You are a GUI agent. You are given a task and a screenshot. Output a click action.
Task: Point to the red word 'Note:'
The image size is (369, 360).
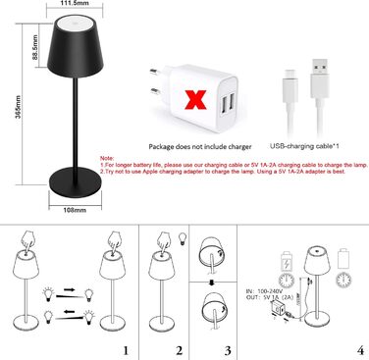click(107, 157)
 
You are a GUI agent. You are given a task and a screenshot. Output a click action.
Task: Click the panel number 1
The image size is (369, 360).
click(124, 350)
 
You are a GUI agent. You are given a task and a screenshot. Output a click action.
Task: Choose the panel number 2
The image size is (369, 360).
click(179, 350)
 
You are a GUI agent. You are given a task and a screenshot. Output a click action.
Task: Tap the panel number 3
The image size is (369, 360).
click(229, 350)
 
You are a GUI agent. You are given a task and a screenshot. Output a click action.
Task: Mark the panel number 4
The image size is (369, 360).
click(360, 350)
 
